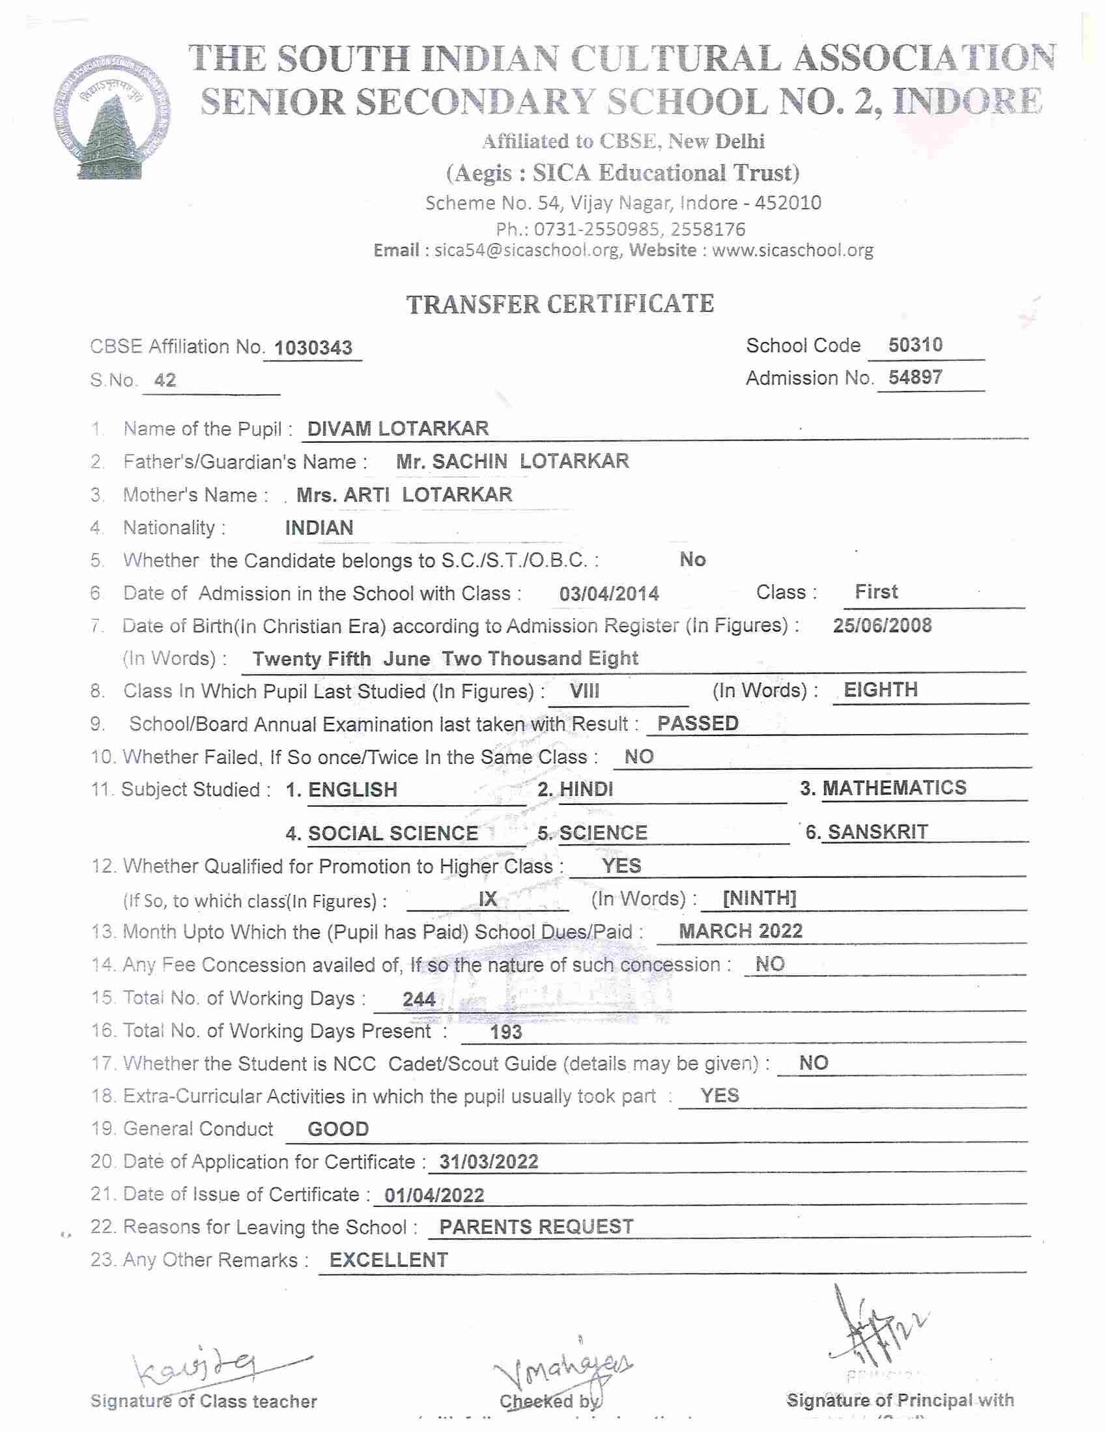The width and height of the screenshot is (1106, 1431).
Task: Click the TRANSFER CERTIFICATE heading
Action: (x=560, y=305)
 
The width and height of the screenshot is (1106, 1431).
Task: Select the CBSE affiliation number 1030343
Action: (x=313, y=348)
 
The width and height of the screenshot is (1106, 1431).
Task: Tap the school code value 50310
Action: (x=915, y=345)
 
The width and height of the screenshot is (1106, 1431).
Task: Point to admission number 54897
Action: (x=915, y=377)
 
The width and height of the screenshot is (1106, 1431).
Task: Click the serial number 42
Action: (x=165, y=380)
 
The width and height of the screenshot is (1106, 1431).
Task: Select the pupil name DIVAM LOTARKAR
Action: (x=398, y=429)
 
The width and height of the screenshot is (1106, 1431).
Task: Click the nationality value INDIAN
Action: (x=319, y=528)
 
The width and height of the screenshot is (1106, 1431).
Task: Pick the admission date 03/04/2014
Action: (x=609, y=593)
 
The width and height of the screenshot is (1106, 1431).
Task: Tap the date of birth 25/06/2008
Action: (x=882, y=625)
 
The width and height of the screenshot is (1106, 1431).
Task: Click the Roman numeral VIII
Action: (x=584, y=690)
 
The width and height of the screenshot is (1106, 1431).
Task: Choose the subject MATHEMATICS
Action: (x=894, y=787)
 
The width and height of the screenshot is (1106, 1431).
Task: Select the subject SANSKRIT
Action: (x=877, y=832)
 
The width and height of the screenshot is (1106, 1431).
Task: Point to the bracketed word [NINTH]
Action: (x=759, y=898)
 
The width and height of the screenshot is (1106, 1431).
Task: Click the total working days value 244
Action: (x=419, y=999)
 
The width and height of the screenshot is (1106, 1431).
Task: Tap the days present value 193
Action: (x=506, y=1032)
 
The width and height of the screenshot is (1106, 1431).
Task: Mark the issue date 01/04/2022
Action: (x=434, y=1196)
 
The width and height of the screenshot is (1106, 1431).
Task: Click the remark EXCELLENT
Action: (x=389, y=1260)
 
